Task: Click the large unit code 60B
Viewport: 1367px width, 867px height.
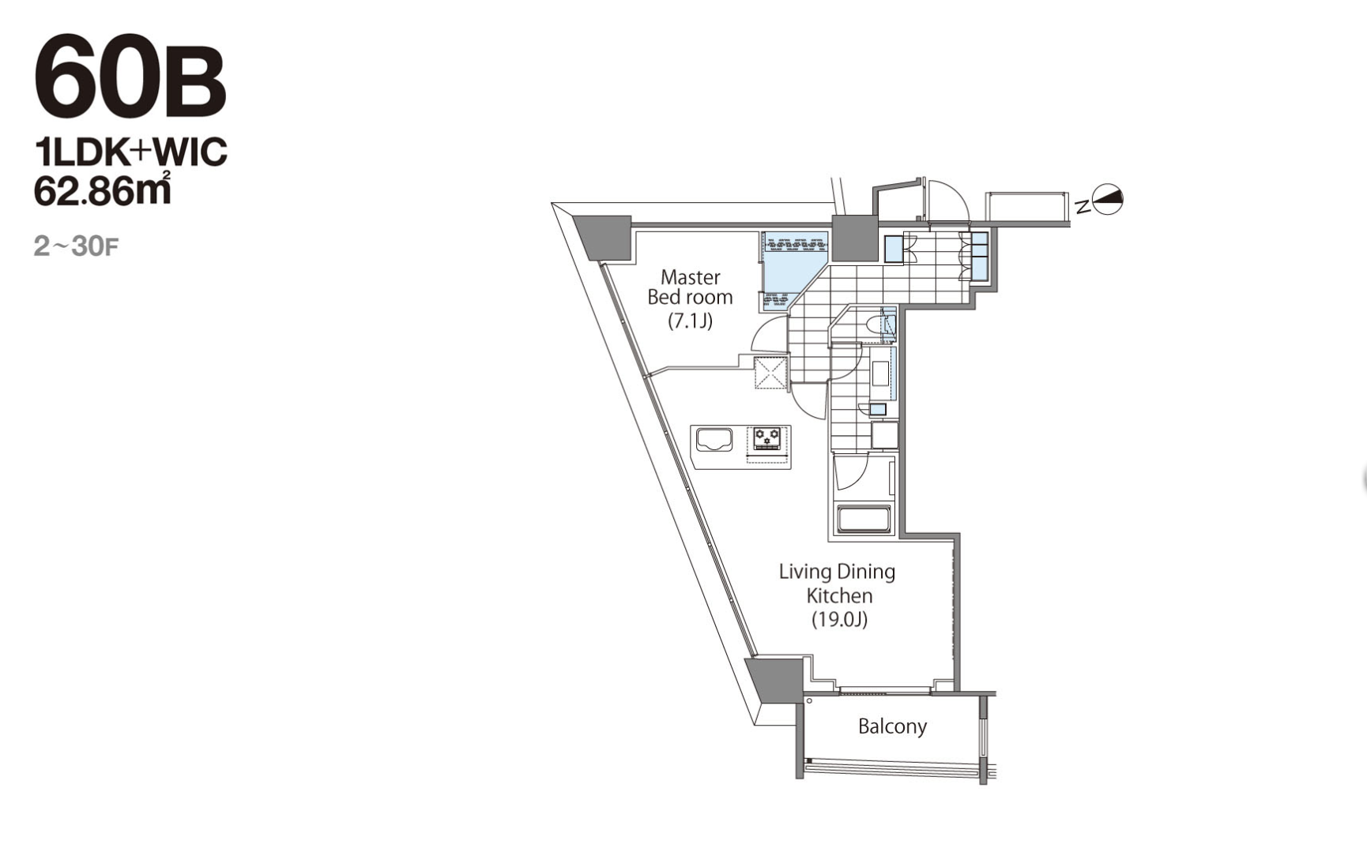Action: coord(130,77)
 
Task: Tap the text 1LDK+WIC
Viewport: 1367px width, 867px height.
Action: coord(130,152)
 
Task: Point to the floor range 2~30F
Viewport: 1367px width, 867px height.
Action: coord(76,246)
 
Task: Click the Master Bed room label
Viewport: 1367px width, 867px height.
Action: coord(690,287)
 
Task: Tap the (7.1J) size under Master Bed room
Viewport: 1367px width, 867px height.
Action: coord(691,321)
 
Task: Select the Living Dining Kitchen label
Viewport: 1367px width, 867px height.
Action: coord(838,583)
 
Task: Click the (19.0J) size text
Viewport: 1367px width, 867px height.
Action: coord(839,619)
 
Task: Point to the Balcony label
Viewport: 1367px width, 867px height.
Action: coord(892,726)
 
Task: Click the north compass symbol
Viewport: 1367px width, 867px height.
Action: coord(1106,200)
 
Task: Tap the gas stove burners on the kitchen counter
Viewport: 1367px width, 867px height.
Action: coord(766,437)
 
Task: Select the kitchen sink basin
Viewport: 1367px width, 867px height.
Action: coord(714,440)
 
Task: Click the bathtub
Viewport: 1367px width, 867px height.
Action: coord(864,520)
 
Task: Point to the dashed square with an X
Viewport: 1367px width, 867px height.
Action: coord(770,373)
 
